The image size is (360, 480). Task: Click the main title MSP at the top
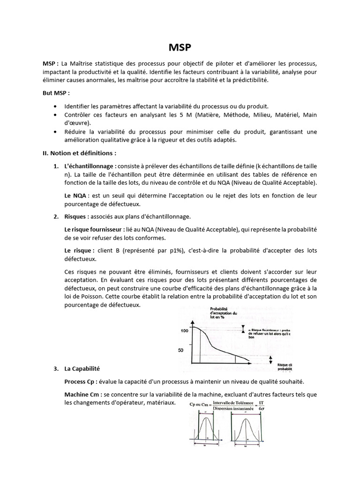click(x=180, y=48)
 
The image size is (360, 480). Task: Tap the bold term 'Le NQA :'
click(x=77, y=195)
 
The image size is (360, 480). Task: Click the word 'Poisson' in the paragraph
click(x=85, y=297)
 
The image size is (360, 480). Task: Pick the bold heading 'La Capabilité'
click(x=82, y=369)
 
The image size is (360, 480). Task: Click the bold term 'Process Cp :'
click(x=82, y=381)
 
